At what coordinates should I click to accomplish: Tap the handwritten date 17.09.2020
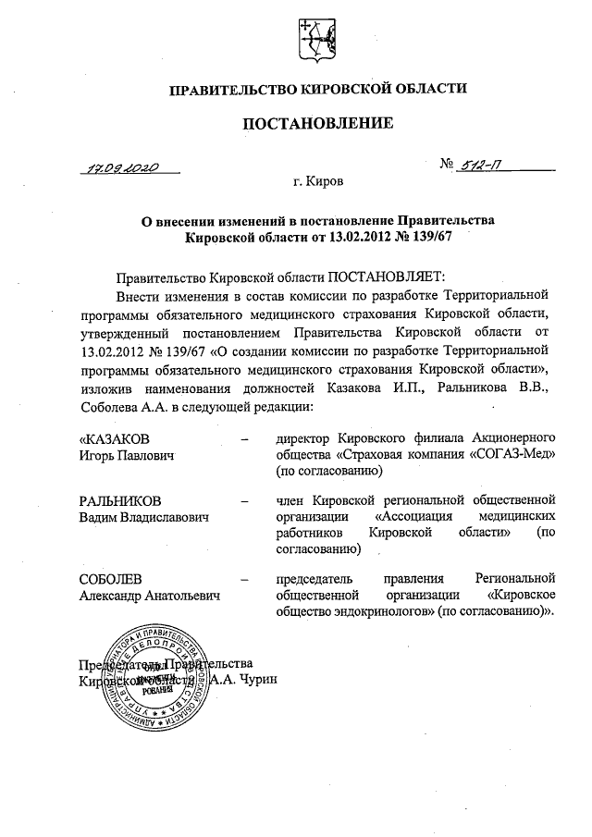[x=120, y=169]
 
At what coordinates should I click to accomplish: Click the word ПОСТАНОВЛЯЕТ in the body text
[x=386, y=277]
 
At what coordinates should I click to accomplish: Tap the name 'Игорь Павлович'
[x=126, y=455]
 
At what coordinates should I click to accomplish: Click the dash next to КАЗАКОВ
[x=243, y=438]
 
